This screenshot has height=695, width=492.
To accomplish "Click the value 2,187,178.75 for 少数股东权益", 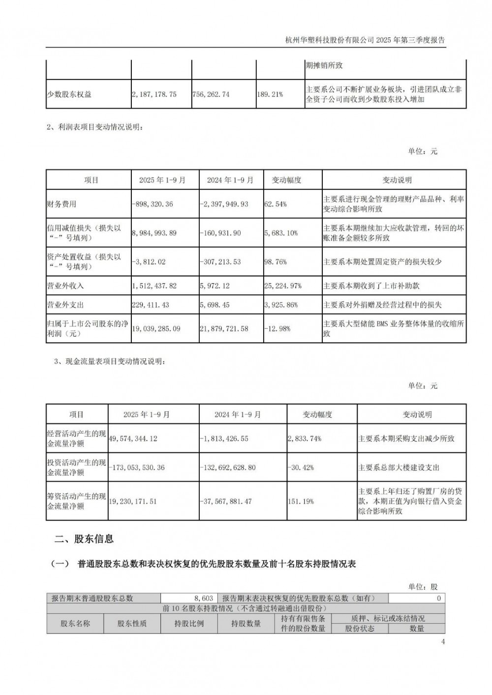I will click(x=154, y=94).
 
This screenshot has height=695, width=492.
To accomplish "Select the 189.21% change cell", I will click(x=270, y=94).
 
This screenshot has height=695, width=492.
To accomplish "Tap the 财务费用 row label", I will click(x=61, y=204).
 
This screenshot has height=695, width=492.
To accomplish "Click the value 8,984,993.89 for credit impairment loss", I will click(x=154, y=233).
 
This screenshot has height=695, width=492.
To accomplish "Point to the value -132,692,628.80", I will click(x=227, y=467).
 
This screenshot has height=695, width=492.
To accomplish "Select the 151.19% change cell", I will click(x=301, y=501).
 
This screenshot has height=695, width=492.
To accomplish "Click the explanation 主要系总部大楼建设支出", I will click(x=399, y=467).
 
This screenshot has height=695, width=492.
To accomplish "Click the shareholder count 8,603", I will click(x=204, y=598).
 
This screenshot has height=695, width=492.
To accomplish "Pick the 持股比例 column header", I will click(x=189, y=623).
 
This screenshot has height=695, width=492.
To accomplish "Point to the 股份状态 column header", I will click(x=360, y=628).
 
